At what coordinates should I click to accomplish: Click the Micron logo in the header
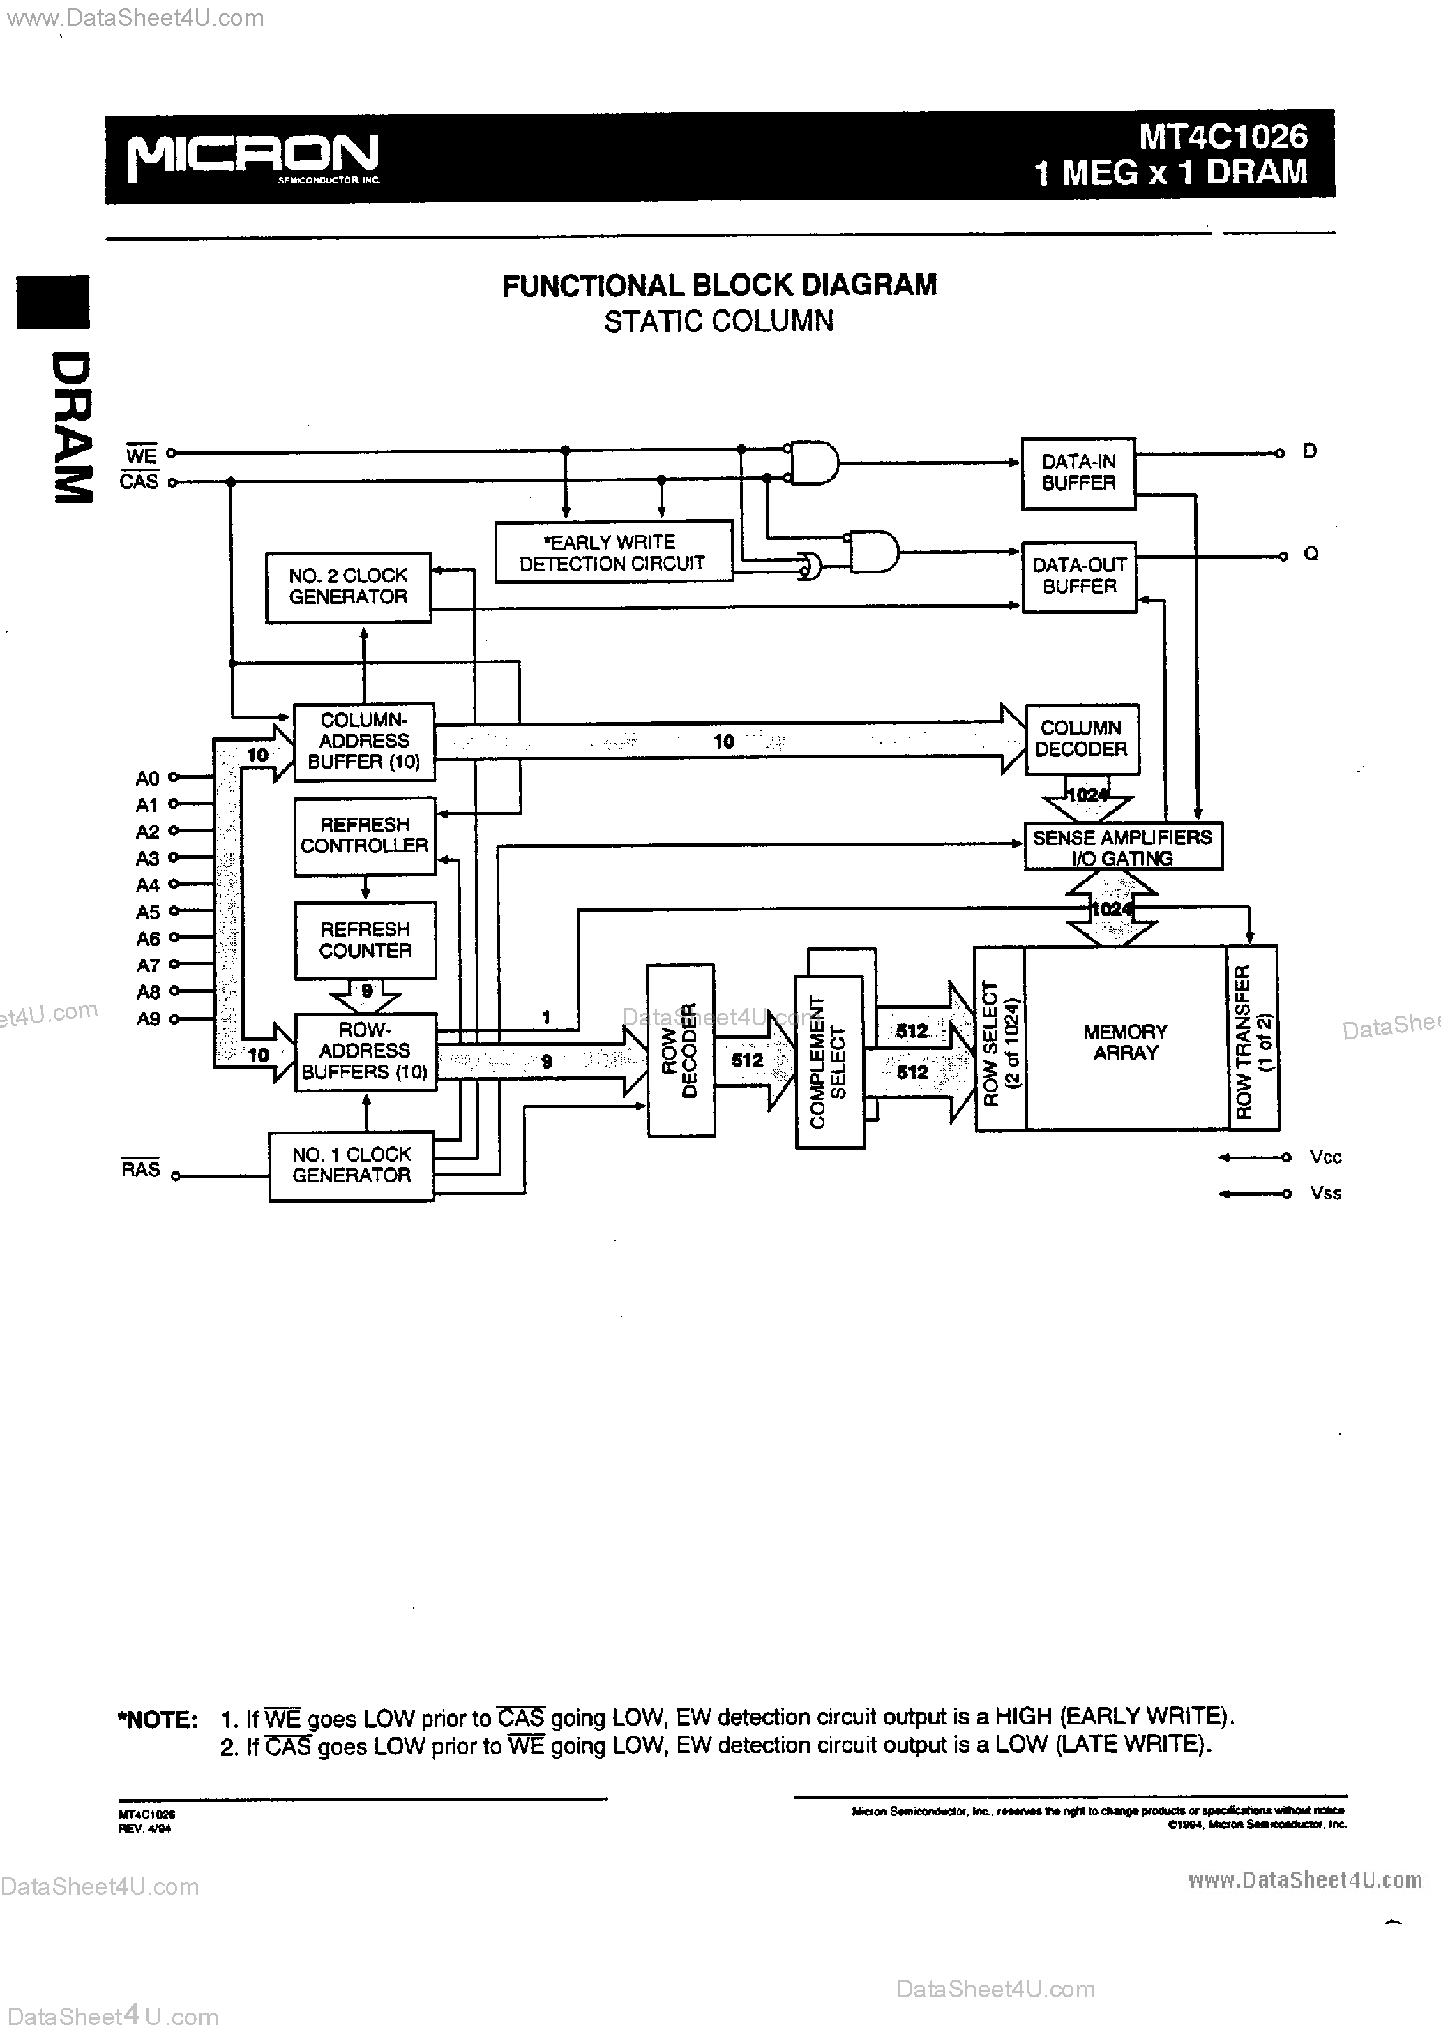pyautogui.click(x=253, y=157)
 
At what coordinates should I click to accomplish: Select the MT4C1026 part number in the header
pyautogui.click(x=1223, y=136)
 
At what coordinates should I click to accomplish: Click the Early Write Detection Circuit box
pyautogui.click(x=613, y=552)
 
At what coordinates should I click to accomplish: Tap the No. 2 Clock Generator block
pyautogui.click(x=348, y=587)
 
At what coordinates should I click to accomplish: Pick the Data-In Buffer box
pyautogui.click(x=1078, y=473)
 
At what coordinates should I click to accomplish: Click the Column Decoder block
pyautogui.click(x=1081, y=739)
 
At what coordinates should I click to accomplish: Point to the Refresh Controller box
pyautogui.click(x=365, y=836)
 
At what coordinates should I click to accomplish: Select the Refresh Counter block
pyautogui.click(x=365, y=940)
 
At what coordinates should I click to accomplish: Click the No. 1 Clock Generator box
pyautogui.click(x=352, y=1165)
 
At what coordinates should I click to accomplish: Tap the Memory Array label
pyautogui.click(x=1125, y=1042)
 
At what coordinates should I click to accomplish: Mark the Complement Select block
pyautogui.click(x=829, y=1061)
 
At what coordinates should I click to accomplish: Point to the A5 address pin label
pyautogui.click(x=147, y=912)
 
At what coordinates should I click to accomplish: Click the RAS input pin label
pyautogui.click(x=140, y=1169)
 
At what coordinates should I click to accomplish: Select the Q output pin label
pyautogui.click(x=1311, y=555)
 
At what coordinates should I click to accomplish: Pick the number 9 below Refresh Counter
pyautogui.click(x=366, y=990)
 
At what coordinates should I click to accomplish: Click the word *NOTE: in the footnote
pyautogui.click(x=157, y=1720)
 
